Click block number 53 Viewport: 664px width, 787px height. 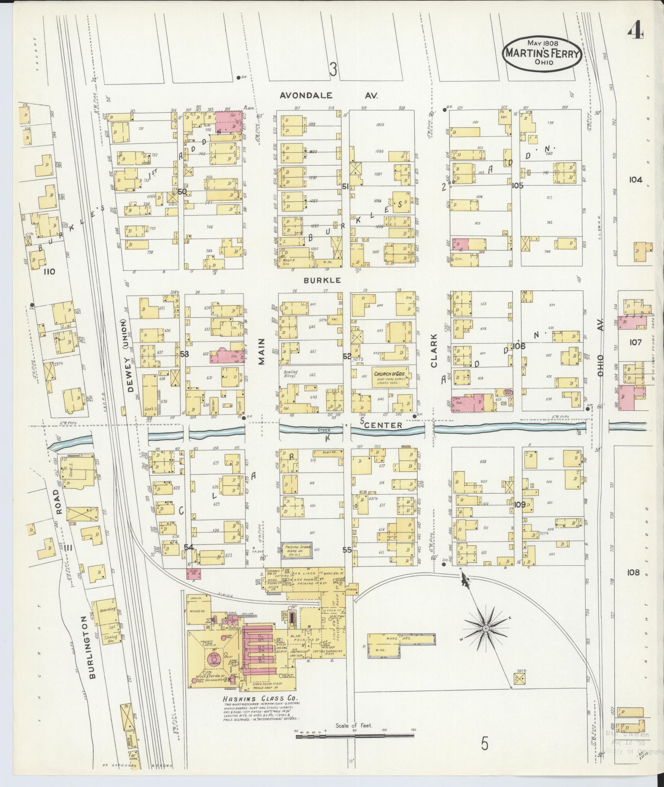[x=184, y=354]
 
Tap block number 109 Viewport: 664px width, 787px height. [x=520, y=505]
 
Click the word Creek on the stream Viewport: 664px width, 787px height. [x=325, y=430]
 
